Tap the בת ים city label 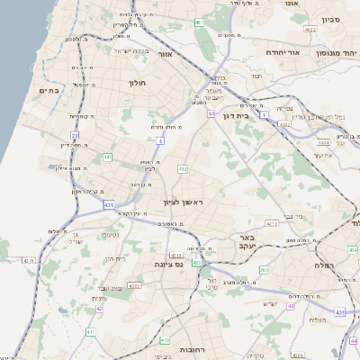pyautogui.click(x=49, y=91)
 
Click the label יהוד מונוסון pyautogui.click(x=335, y=53)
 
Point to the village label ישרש pyautogui.click(x=269, y=302)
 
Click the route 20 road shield pyautogui.click(x=76, y=136)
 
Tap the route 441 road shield pyautogui.click(x=107, y=157)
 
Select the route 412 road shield pyautogui.click(x=182, y=168)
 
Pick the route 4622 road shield pyautogui.click(x=311, y=31)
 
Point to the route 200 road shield pyautogui.click(x=264, y=270)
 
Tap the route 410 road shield pyautogui.click(x=164, y=340)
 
